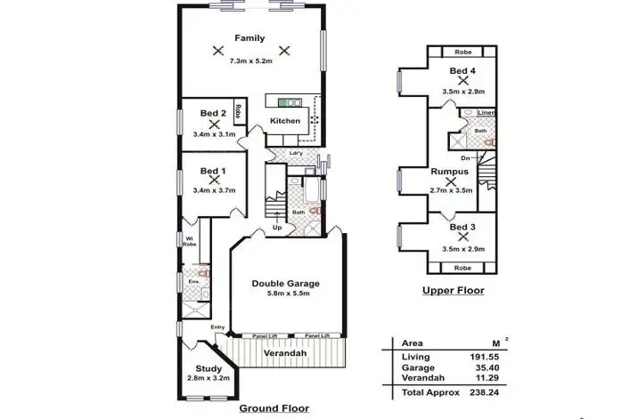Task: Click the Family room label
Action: tap(250, 38)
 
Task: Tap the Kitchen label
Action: tap(285, 121)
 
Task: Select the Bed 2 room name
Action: tap(212, 114)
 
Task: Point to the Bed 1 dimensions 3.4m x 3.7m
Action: tap(213, 189)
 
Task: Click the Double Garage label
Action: tap(285, 284)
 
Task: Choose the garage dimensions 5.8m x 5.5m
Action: tap(285, 295)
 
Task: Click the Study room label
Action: tap(209, 370)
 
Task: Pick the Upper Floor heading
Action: tap(453, 290)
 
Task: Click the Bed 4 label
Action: tap(462, 70)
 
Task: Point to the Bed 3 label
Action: tap(462, 229)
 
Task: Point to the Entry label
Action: tap(217, 327)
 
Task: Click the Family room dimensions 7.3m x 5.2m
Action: tap(250, 61)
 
